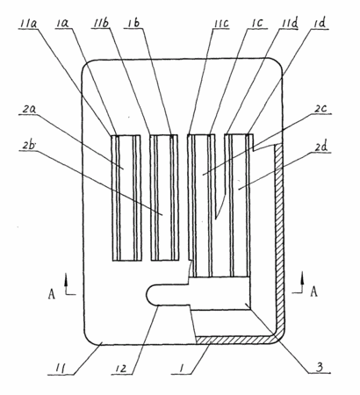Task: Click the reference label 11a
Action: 28,24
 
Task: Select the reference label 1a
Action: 61,24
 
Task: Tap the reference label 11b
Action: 100,24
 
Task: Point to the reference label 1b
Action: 133,24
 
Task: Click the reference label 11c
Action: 220,24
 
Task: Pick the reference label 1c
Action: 256,24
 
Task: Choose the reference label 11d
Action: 289,24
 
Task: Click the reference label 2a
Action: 29,110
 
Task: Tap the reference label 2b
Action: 27,146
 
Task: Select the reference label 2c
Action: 320,109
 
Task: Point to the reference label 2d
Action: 320,147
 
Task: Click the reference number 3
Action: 320,367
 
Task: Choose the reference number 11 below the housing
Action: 61,369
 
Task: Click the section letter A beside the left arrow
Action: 52,294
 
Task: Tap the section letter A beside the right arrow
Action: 313,291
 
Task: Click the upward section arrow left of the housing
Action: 67,284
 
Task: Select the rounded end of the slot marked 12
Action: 150,295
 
